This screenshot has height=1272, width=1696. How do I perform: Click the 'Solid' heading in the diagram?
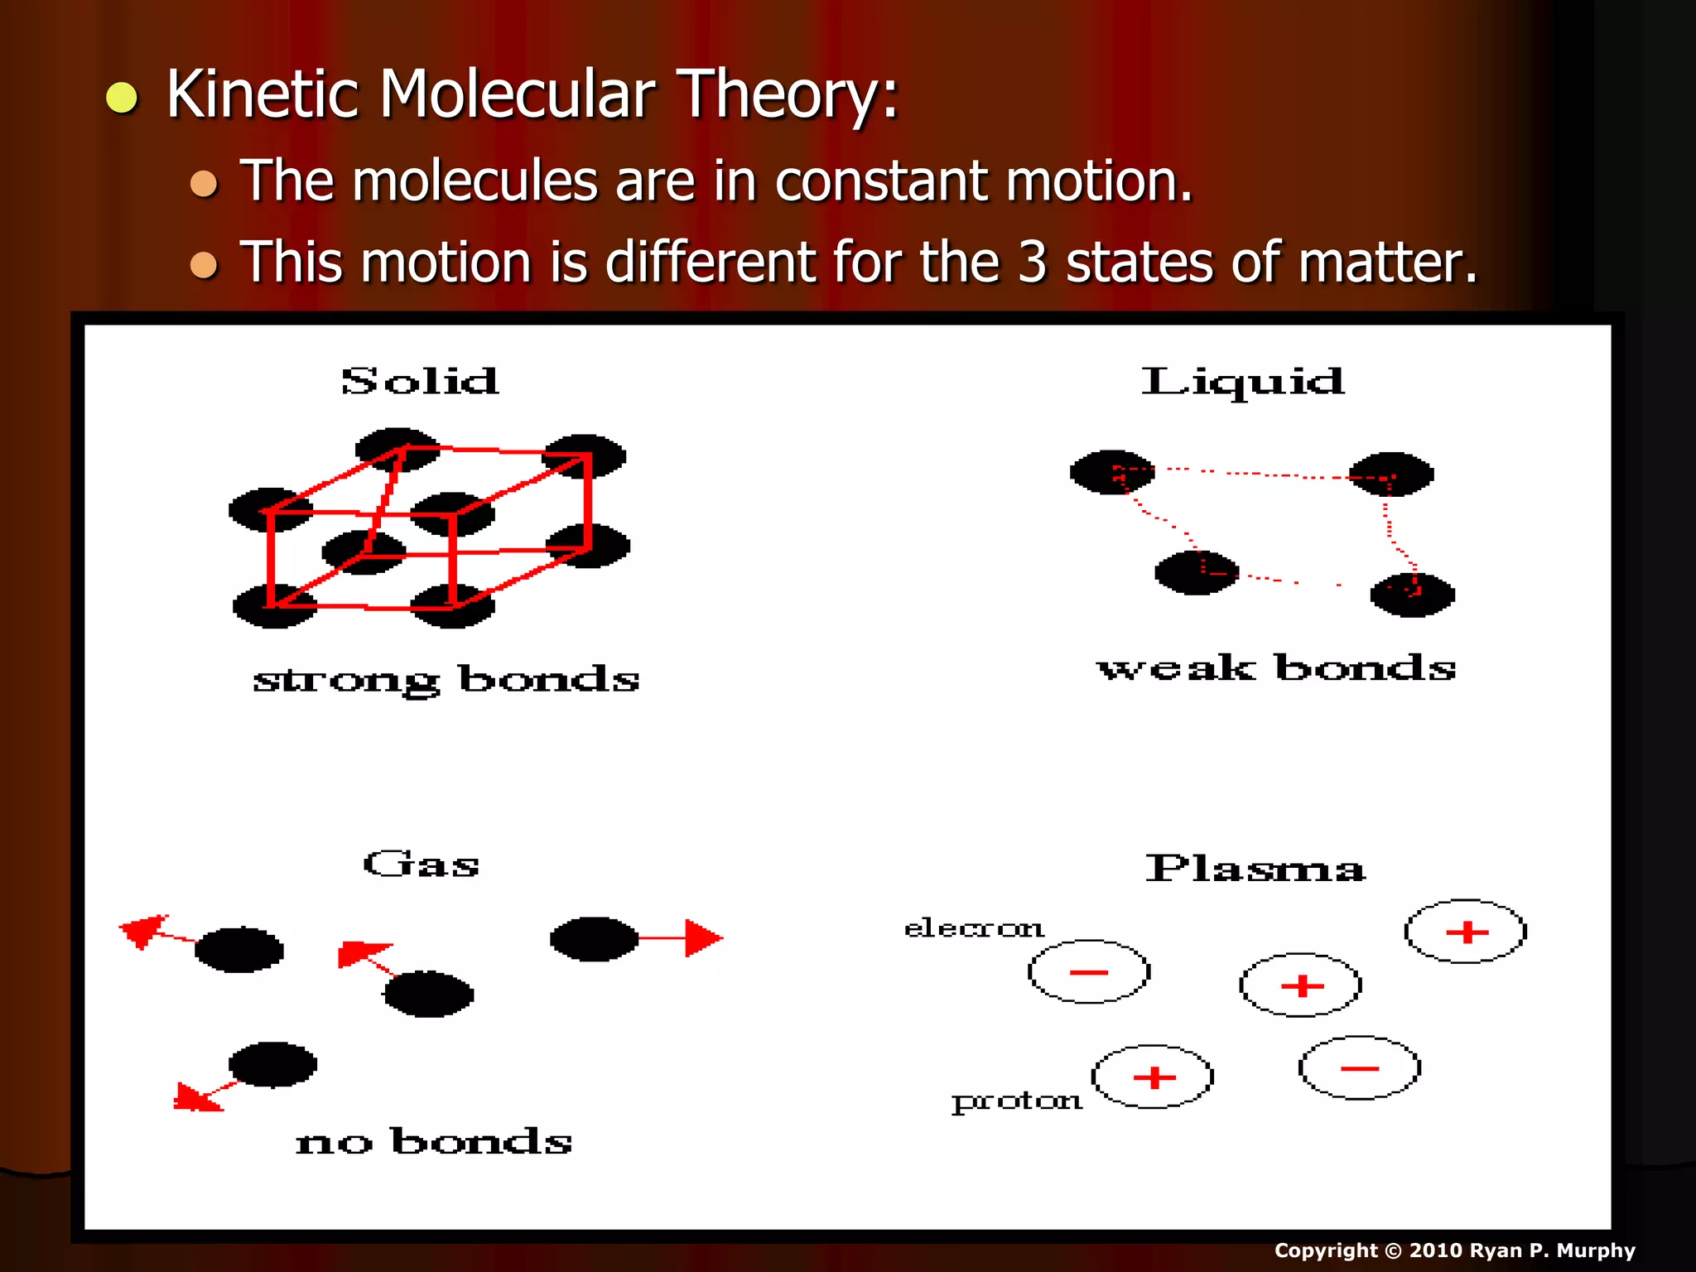[420, 382]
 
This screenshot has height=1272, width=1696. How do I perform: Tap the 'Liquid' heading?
[1242, 382]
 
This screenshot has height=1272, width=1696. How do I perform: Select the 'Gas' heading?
[421, 865]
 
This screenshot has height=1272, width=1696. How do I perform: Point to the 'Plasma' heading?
[1255, 870]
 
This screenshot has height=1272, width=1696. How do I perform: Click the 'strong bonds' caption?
[446, 680]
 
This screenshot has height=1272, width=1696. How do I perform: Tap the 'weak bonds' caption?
[1276, 668]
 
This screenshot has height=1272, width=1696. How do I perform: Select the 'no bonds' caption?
[434, 1142]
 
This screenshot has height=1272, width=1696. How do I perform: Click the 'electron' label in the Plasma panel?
[973, 928]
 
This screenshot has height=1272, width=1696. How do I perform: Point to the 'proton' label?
[1017, 1101]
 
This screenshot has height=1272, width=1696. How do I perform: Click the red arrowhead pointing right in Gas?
[703, 938]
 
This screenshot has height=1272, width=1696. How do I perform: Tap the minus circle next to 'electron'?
[1089, 972]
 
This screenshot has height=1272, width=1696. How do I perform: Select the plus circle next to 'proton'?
[1153, 1077]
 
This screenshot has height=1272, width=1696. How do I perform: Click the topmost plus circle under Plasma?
[1466, 932]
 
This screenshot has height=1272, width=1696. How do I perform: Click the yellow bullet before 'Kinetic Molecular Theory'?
[122, 97]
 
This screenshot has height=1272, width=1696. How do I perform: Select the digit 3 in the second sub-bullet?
[1032, 263]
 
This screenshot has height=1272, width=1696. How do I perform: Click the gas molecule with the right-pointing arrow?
[594, 939]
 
